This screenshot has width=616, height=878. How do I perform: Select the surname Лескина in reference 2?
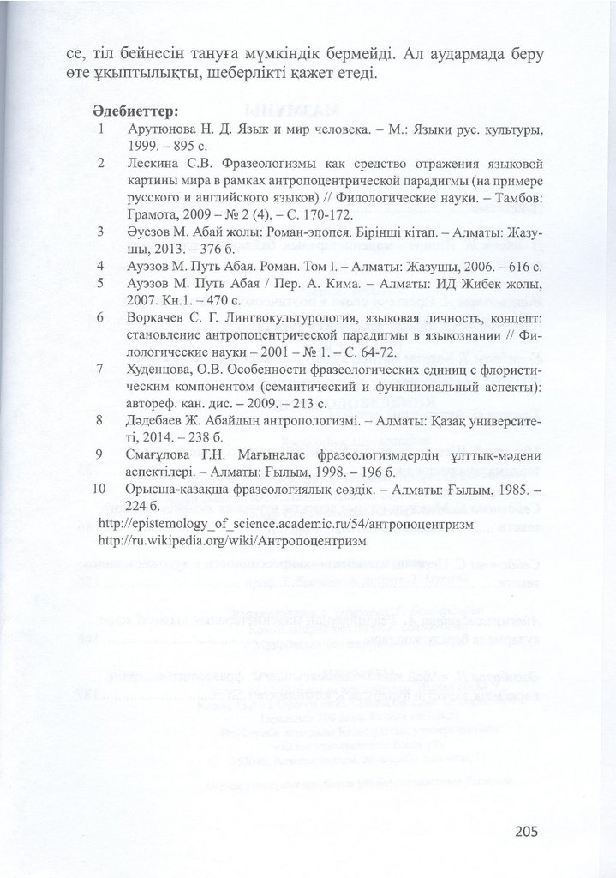pos(152,162)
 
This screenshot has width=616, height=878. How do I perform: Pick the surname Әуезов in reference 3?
pos(147,232)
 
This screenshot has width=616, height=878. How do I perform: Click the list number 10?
pos(97,489)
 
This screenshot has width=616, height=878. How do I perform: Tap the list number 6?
pos(100,318)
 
